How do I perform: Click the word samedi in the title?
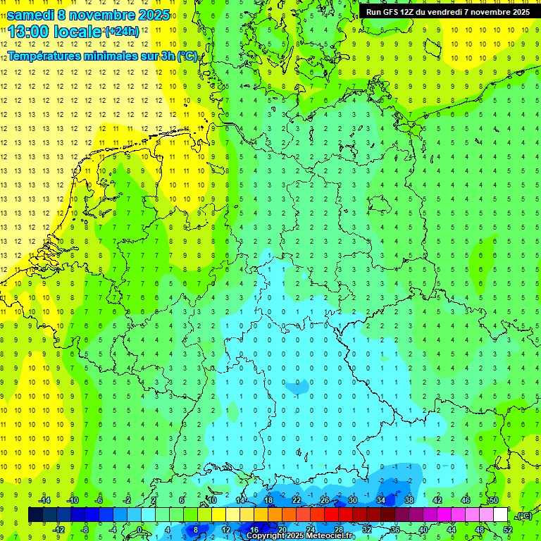point(30,15)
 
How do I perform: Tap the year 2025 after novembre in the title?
point(149,15)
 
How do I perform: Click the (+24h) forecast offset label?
point(122,32)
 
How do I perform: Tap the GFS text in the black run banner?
point(392,12)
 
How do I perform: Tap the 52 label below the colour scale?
point(508,529)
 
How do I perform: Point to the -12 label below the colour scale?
point(58,529)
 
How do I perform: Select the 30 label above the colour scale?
point(353,500)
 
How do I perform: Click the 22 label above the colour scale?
point(297,500)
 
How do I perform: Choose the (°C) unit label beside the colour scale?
point(524,516)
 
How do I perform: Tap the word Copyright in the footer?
point(266,536)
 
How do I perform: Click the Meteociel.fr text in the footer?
point(330,536)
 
